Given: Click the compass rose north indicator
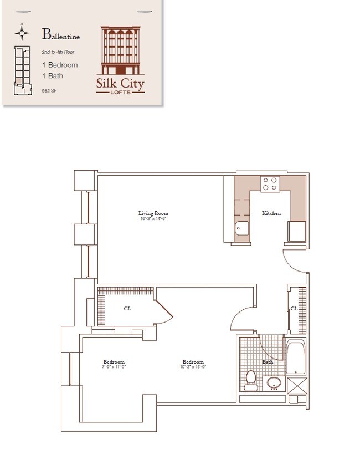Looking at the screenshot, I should [22, 33].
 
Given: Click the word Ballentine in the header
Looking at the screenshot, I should [61, 35].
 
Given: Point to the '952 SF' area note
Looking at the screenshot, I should [50, 90].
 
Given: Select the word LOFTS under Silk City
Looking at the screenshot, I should [120, 92].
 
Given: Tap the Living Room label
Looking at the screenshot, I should [153, 213].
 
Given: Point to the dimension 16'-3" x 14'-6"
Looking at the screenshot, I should [153, 218].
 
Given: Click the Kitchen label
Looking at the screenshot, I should [271, 213].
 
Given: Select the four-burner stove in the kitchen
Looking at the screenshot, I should [270, 183].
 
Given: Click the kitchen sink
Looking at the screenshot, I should [242, 228].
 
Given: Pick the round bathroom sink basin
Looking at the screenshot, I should [273, 382].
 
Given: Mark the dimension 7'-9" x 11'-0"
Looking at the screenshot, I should [114, 366].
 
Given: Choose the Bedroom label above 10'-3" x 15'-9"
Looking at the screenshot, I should [193, 361].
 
